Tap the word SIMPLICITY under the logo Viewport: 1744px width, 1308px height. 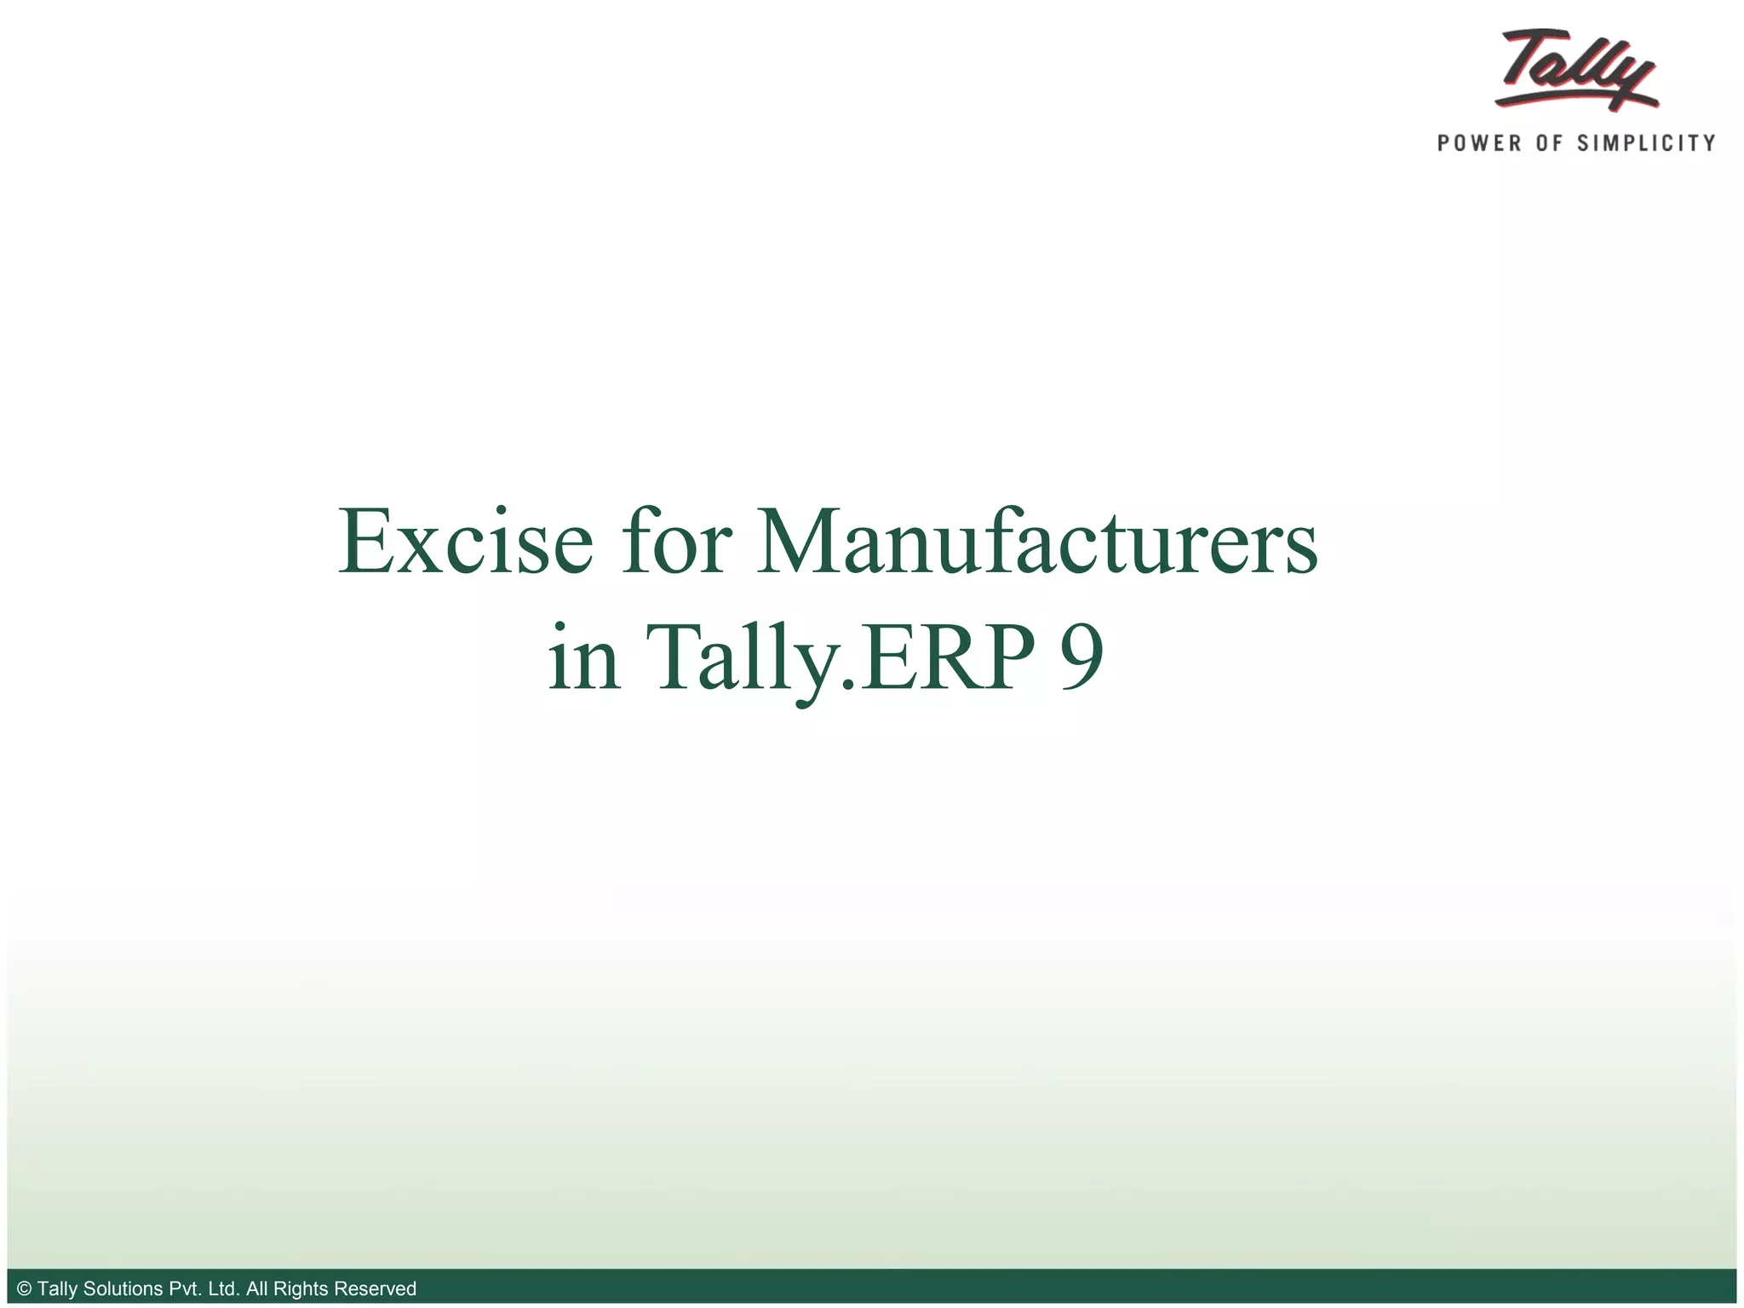[x=1646, y=143]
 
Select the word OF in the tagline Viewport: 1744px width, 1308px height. [x=1549, y=143]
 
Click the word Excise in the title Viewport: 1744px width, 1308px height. [x=465, y=542]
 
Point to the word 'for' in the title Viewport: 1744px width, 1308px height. [x=676, y=542]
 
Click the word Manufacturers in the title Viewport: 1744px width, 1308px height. [x=1037, y=542]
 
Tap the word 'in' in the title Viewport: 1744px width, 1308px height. [x=584, y=657]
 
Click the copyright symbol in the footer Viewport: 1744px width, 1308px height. [x=24, y=1289]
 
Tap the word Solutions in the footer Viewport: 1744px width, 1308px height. [x=123, y=1289]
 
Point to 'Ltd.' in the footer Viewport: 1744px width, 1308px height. [x=223, y=1289]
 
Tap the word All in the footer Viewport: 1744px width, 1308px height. [x=256, y=1289]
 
